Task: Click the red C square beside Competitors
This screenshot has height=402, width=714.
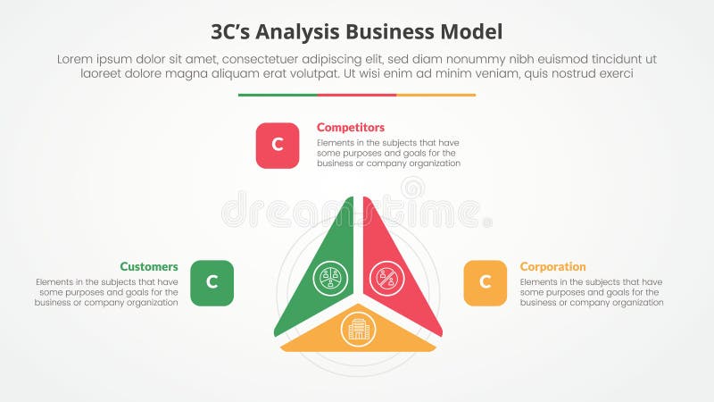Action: pos(278,146)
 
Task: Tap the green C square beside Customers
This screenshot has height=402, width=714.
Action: pos(212,283)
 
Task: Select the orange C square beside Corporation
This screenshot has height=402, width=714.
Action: pos(485,283)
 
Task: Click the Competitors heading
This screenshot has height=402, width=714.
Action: pos(351,128)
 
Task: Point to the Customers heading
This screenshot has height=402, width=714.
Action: pos(149,266)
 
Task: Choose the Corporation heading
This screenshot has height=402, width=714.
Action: pos(552,266)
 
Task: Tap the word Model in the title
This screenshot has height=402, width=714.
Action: pos(470,31)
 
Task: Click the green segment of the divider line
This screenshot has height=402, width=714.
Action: pos(278,95)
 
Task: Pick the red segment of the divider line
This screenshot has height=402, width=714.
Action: pos(357,95)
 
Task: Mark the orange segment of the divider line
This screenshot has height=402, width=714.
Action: pos(436,95)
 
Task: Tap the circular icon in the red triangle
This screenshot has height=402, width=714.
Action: pos(387,279)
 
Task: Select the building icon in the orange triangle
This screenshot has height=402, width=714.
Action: pos(358,331)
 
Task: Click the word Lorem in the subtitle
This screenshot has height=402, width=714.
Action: pos(75,59)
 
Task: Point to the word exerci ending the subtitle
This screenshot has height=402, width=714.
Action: pos(614,75)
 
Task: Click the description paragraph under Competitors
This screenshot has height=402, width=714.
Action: pos(388,153)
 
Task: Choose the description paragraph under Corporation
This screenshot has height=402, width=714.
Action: pos(592,291)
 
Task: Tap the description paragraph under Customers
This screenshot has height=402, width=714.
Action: pos(107,291)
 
